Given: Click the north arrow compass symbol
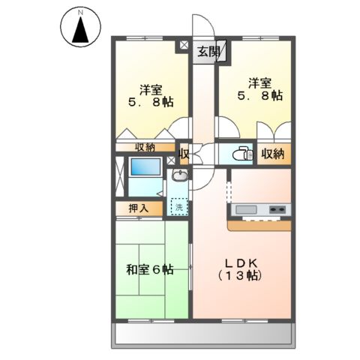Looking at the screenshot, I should pyautogui.click(x=79, y=28).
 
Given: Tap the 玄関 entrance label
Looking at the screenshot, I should pyautogui.click(x=209, y=52).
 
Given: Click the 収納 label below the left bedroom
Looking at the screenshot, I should pyautogui.click(x=145, y=147).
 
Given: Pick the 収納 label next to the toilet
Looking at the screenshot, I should pyautogui.click(x=273, y=154).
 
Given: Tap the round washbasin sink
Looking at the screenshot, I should pyautogui.click(x=179, y=177).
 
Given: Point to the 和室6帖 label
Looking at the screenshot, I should pyautogui.click(x=149, y=269).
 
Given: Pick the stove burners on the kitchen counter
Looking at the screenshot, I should pyautogui.click(x=277, y=209).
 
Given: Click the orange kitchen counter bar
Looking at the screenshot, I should pyautogui.click(x=259, y=223).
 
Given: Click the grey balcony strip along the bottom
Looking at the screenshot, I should pyautogui.click(x=202, y=335).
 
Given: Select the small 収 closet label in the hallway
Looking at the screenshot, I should pyautogui.click(x=184, y=155).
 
